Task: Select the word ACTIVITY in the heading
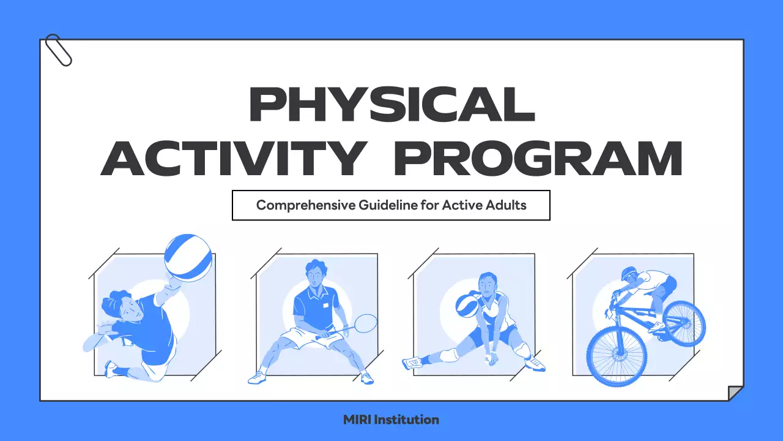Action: pos(232,157)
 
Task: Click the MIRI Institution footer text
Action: pos(391,420)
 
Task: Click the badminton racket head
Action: pos(365,322)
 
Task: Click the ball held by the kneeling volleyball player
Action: pos(468,304)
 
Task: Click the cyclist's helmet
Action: pos(629,273)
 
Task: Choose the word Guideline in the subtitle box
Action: pos(388,205)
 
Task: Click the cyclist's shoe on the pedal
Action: pos(656,327)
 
